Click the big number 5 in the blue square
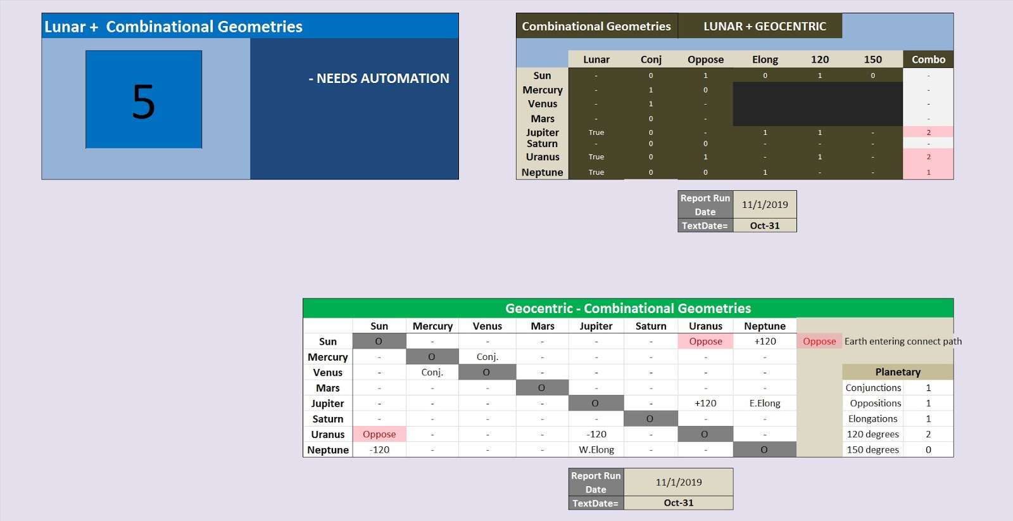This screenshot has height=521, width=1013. (144, 101)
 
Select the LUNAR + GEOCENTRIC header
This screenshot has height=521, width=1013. (764, 26)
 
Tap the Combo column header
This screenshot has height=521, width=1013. (928, 60)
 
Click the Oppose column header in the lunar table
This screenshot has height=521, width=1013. (705, 60)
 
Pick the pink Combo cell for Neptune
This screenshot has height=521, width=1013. (928, 172)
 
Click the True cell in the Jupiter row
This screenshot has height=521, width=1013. (596, 132)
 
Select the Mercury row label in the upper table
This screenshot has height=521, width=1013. (543, 90)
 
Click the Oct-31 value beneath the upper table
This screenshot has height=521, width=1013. (764, 226)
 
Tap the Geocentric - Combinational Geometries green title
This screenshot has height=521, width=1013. (627, 308)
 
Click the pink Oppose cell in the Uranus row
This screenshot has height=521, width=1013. (379, 434)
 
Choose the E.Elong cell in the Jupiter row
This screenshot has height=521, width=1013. (764, 403)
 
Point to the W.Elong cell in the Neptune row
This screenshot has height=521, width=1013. (596, 450)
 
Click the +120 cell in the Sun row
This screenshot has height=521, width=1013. (764, 341)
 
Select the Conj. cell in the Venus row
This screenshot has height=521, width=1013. (432, 373)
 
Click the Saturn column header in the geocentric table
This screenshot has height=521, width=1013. (650, 326)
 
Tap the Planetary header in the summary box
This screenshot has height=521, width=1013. (897, 372)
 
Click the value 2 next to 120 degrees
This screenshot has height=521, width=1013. (928, 434)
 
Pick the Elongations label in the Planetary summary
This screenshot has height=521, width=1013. (872, 419)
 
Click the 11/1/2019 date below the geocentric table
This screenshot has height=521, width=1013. (678, 482)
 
